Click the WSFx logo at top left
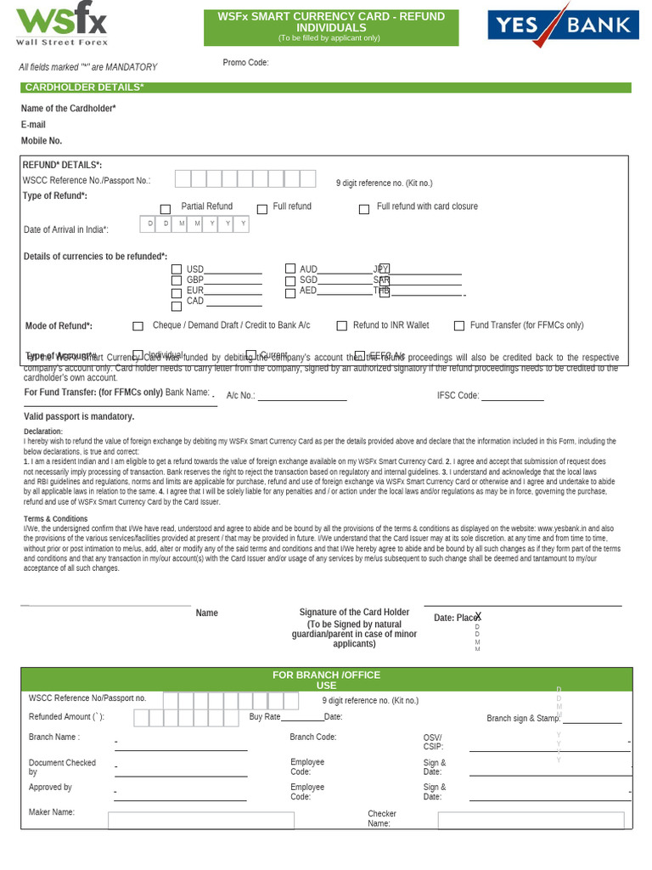point(62,25)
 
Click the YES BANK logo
point(563,25)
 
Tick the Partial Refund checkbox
point(166,209)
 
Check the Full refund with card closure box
point(364,209)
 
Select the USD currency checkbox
point(177,270)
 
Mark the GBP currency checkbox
point(177,280)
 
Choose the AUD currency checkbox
point(290,269)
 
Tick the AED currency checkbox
point(290,291)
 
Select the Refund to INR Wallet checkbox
point(342,325)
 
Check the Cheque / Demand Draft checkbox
point(138,326)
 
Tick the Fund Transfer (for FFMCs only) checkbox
point(459,325)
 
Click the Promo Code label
point(245,63)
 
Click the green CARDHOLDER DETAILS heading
point(325,88)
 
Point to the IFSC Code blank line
point(513,397)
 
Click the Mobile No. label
point(42,141)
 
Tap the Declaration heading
point(43,432)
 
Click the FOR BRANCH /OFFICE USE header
point(326,680)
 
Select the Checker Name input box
point(531,820)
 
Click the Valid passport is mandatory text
point(79,417)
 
